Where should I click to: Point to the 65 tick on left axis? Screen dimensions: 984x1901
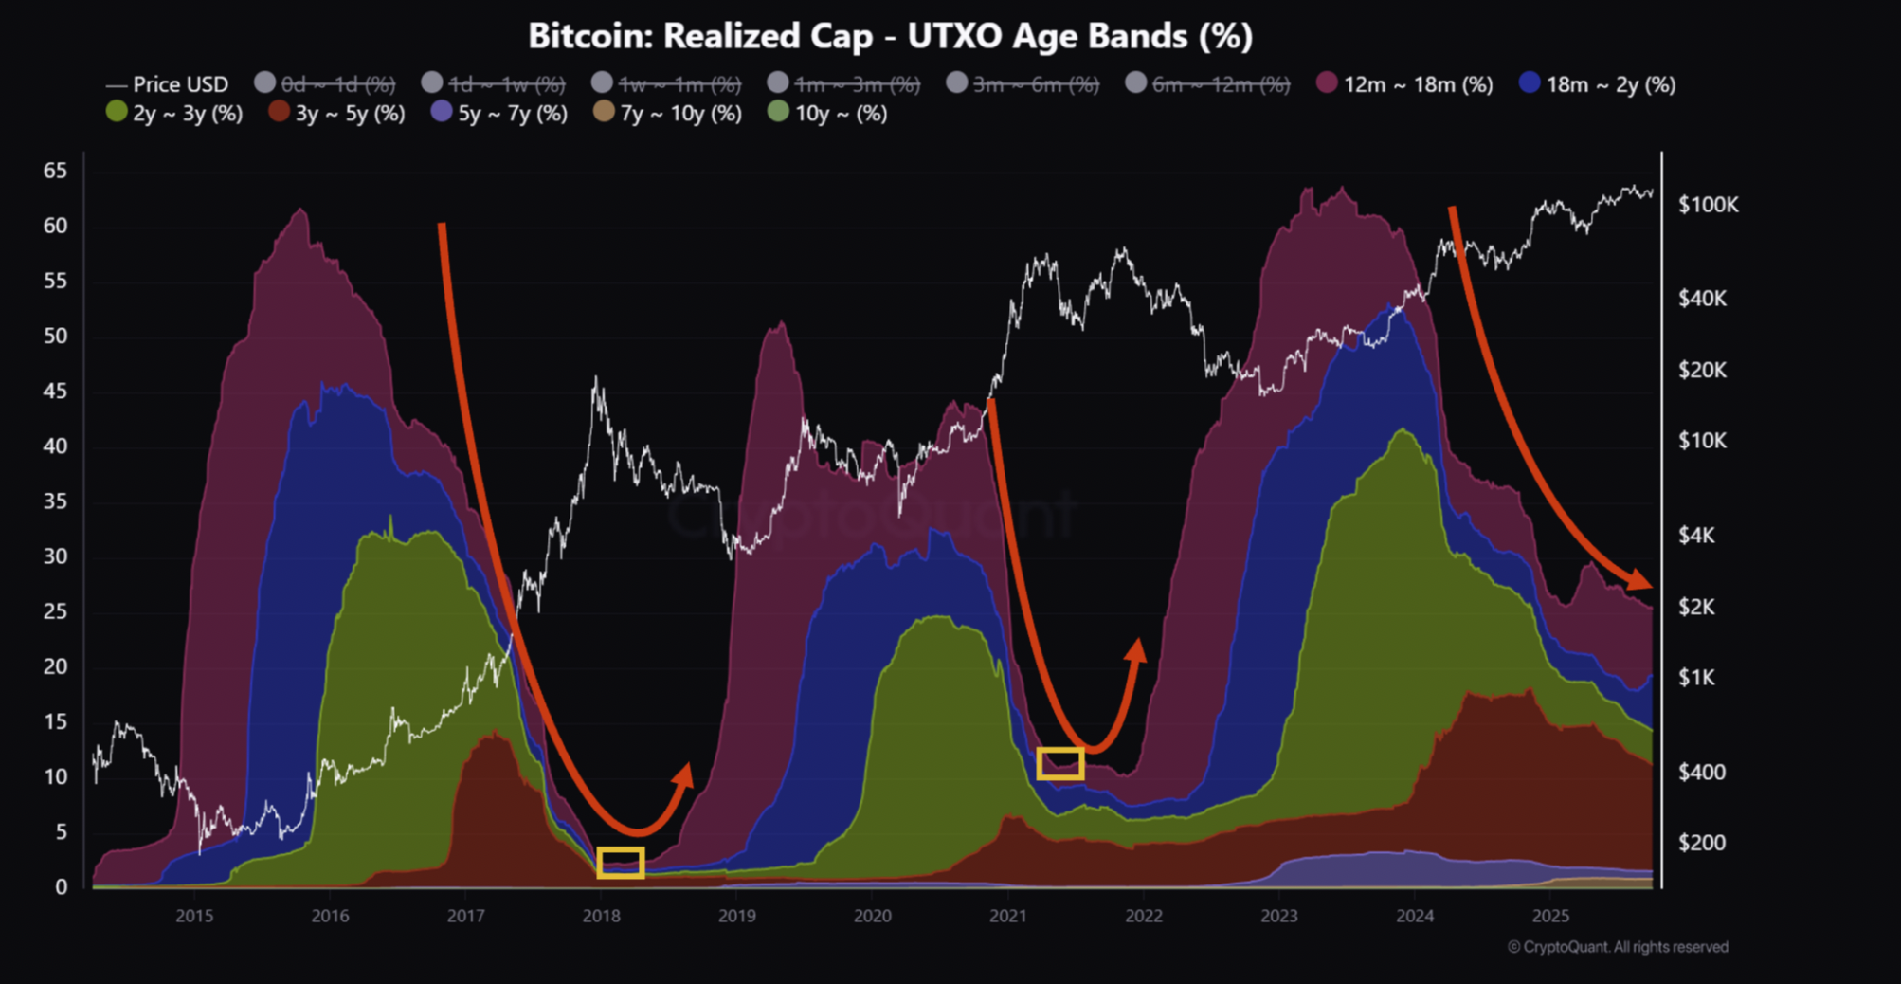coord(55,171)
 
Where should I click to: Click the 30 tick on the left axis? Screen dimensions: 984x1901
coord(55,556)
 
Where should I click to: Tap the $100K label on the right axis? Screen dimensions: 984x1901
coord(1708,205)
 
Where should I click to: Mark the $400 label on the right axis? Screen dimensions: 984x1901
coord(1701,773)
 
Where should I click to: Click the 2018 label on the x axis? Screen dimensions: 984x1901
coord(601,916)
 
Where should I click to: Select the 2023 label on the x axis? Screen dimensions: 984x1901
coord(1278,916)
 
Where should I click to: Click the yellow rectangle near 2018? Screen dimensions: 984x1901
coord(621,863)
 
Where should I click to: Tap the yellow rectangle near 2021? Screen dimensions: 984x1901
coord(1059,763)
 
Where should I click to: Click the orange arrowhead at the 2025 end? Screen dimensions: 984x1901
coord(1640,578)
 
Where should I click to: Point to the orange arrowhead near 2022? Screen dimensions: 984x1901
coord(1136,650)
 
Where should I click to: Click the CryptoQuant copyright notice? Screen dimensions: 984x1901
coord(1618,947)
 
